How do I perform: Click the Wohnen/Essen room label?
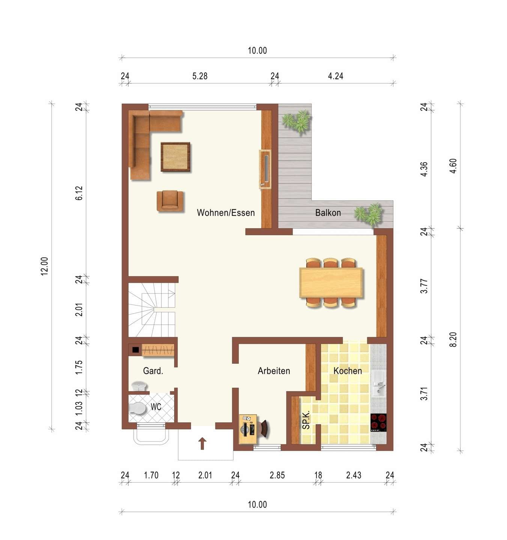point(226,213)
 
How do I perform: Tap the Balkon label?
point(328,213)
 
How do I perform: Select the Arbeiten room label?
point(274,371)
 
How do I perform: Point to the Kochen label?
point(348,371)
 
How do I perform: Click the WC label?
point(156,407)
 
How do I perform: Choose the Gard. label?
point(153,371)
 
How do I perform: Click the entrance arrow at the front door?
point(202,444)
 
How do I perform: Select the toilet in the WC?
point(137,408)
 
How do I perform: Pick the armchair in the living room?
point(170,201)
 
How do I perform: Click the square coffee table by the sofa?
point(175,157)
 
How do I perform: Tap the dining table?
point(331,282)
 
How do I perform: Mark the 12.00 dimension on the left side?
point(44,266)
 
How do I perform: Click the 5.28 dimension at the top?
point(200,76)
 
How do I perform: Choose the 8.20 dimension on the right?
point(453,340)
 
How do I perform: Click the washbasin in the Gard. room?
point(139,386)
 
